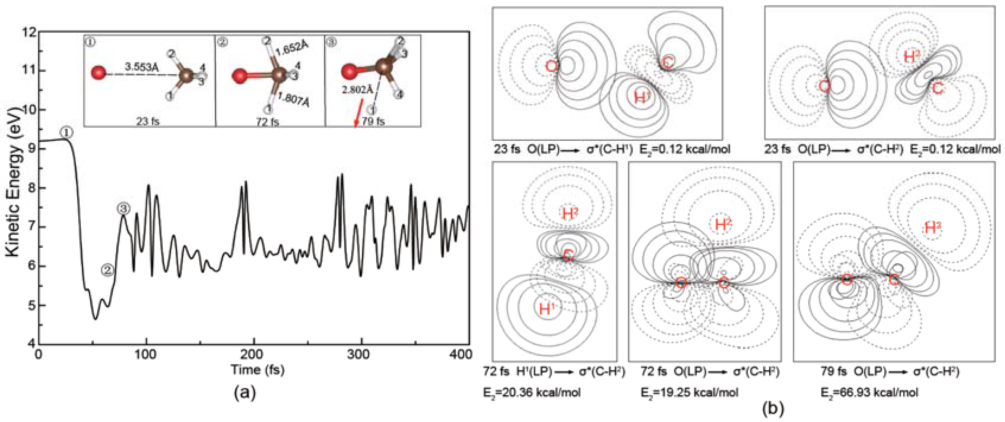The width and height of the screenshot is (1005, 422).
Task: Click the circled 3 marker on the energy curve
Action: click(123, 209)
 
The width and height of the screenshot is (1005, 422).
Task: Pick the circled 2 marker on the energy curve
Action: click(107, 269)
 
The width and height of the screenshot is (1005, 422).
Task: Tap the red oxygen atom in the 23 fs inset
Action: click(98, 73)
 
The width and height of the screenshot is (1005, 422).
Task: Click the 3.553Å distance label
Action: click(142, 67)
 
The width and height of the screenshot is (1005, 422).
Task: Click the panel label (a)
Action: click(244, 393)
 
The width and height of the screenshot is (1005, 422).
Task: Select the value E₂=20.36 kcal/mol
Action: click(531, 392)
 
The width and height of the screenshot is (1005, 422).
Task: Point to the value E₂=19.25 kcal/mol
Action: click(689, 392)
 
